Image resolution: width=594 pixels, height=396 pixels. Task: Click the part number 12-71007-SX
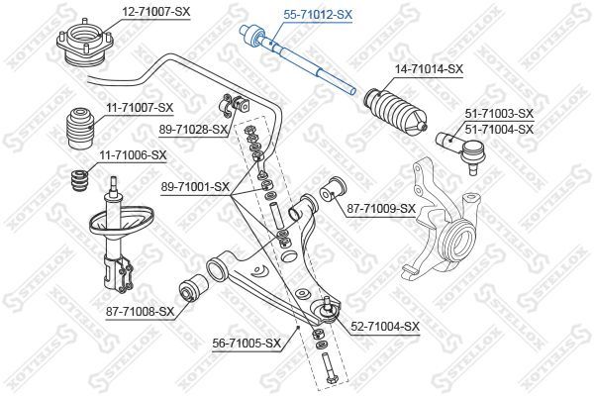coord(155,12)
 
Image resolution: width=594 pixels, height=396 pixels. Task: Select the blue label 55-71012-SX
coord(318,15)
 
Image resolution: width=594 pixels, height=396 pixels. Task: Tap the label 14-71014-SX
coord(429,69)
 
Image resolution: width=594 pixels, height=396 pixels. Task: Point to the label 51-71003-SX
coord(499,113)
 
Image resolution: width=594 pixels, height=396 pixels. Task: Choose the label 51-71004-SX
coord(499,130)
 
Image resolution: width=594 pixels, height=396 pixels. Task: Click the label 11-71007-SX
coord(140,108)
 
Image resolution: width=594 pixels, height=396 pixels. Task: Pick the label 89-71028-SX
coord(193,130)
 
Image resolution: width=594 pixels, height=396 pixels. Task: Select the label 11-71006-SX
coord(133,155)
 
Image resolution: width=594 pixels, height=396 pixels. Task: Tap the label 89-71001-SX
coord(195,187)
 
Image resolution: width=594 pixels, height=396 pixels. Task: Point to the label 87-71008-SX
coord(141,312)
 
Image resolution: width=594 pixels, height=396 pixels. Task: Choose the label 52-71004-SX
coord(385,326)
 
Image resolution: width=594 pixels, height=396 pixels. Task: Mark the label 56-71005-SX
coord(247,344)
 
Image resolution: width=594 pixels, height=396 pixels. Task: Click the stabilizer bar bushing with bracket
coord(234,104)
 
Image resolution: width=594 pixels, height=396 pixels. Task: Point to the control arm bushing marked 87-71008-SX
coord(192,287)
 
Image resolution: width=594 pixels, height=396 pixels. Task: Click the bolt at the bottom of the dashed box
coord(330,368)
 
